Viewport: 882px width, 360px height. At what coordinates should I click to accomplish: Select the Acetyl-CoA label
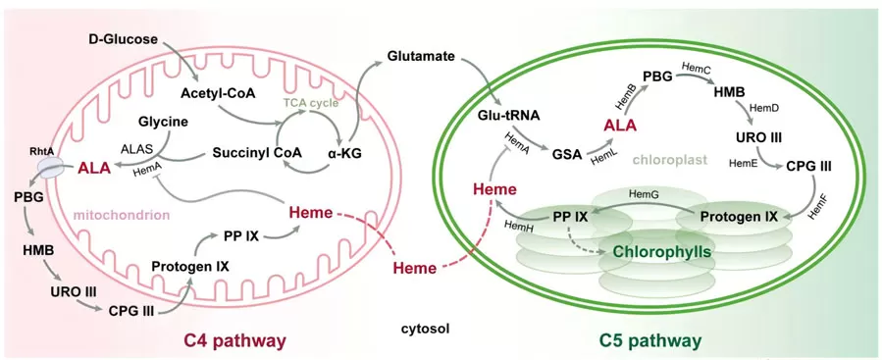217,93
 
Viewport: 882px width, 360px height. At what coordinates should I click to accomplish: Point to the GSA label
566,154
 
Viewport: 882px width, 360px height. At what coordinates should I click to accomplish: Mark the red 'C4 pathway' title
235,340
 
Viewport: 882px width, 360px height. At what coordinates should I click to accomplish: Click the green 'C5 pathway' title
650,340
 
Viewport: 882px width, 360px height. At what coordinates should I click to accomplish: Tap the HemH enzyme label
519,227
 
